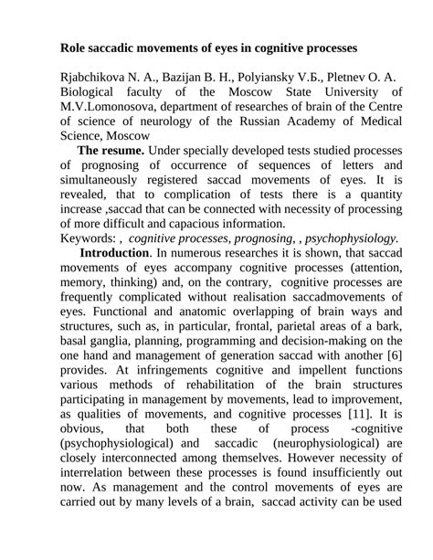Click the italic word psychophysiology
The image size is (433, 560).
coord(346,238)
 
